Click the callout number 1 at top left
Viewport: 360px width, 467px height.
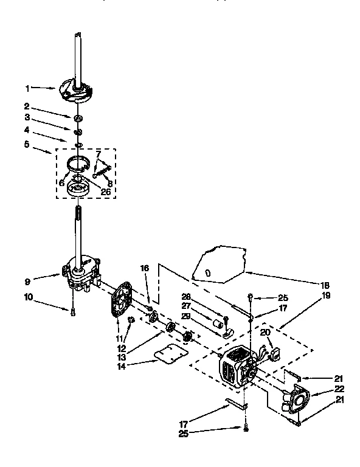(27, 87)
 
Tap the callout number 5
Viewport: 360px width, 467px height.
(26, 145)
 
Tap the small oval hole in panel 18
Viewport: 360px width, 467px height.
(209, 273)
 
